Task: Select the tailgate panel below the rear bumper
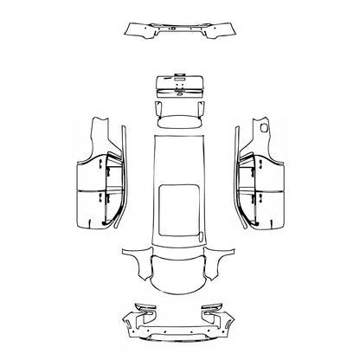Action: pos(180,87)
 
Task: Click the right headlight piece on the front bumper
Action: pos(216,309)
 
